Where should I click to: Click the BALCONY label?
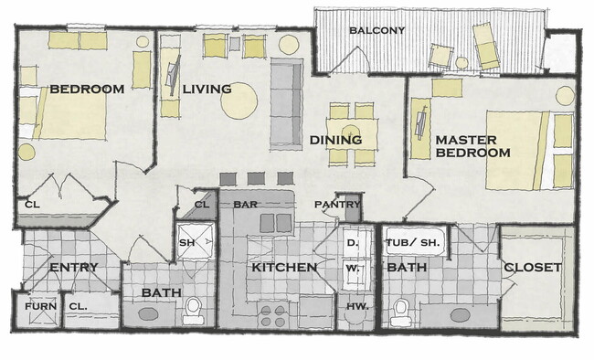[x=377, y=30]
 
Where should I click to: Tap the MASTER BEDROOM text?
[x=472, y=146]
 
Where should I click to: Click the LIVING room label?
[x=206, y=89]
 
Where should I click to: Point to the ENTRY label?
[x=73, y=267]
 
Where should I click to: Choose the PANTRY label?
[x=334, y=204]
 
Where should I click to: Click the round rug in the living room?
[x=239, y=101]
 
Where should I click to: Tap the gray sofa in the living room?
[x=287, y=105]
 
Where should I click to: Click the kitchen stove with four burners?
[x=272, y=315]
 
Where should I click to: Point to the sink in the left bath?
[x=148, y=314]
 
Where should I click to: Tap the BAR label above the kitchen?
[x=245, y=205]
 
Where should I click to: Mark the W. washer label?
[x=352, y=269]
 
